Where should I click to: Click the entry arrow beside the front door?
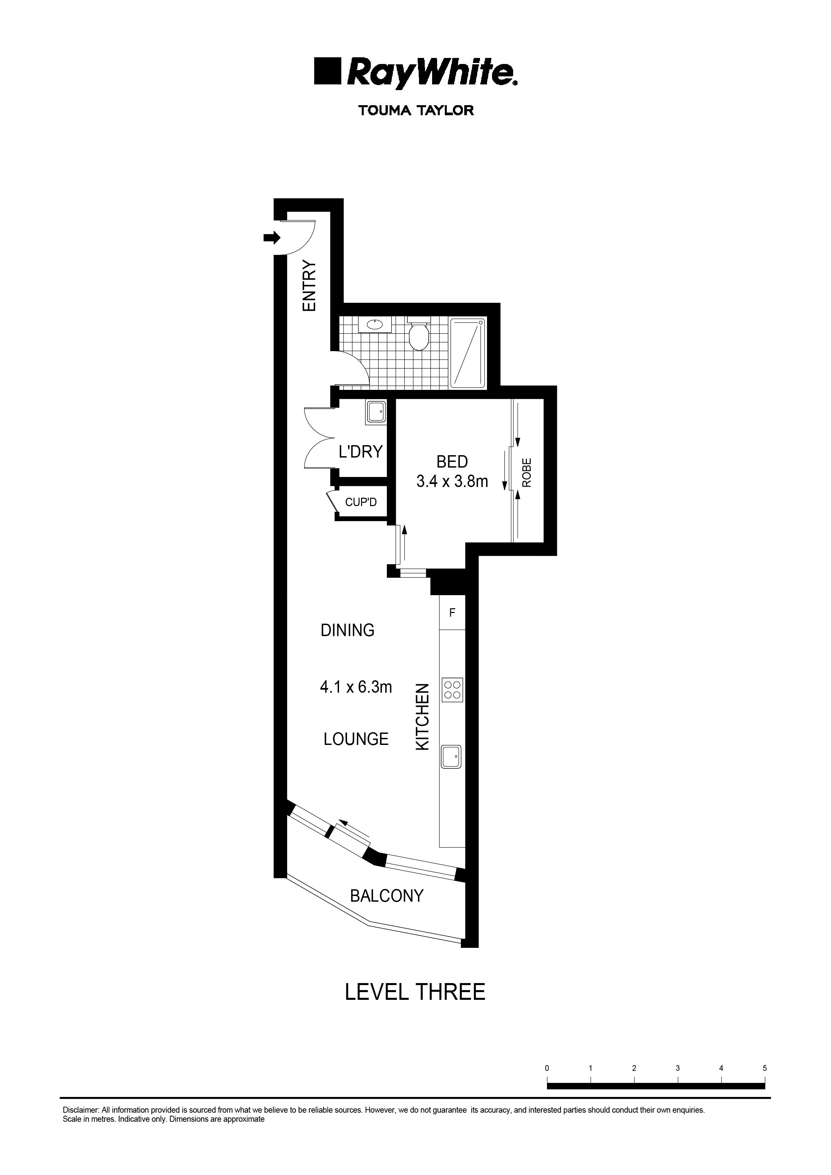[x=272, y=237]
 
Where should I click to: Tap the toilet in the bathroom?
[x=419, y=335]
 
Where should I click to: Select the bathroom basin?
[x=375, y=325]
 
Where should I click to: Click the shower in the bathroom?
[x=467, y=353]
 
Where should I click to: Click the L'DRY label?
[x=361, y=452]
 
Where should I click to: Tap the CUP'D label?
[x=361, y=502]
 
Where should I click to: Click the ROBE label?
[x=527, y=472]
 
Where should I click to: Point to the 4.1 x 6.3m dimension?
[x=356, y=687]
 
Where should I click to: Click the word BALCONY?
[x=387, y=896]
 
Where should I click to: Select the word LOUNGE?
[x=356, y=739]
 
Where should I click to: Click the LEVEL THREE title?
[x=415, y=992]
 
